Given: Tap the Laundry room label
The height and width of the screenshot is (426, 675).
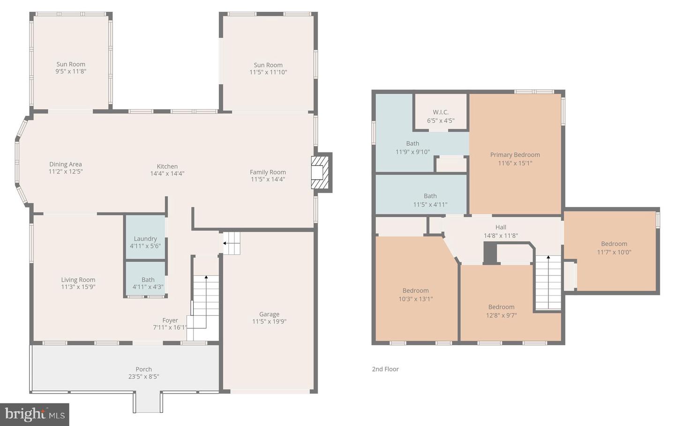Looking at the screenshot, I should [145, 238].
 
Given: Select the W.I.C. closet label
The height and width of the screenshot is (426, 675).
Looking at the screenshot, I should [441, 112].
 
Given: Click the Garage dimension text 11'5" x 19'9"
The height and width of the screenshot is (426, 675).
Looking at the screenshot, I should [269, 321].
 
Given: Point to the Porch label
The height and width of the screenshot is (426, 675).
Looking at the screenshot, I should [144, 369].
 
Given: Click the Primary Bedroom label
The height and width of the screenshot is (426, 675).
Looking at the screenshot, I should [515, 155].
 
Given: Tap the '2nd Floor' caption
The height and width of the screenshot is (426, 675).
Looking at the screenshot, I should [385, 369].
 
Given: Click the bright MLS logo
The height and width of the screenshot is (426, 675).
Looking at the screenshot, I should [35, 414].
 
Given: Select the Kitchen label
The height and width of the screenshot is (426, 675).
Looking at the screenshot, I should [167, 166].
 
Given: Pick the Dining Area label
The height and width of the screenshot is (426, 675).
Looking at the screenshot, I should [66, 164].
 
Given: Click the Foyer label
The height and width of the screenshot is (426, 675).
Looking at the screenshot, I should [170, 320].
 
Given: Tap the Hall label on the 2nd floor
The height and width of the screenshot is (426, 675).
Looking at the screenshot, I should [501, 227].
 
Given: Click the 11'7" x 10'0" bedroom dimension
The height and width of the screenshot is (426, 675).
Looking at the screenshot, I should [614, 252].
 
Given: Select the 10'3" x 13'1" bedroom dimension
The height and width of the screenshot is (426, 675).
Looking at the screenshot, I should [416, 299].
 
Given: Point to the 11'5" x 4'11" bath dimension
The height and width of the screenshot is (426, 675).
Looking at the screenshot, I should [430, 205].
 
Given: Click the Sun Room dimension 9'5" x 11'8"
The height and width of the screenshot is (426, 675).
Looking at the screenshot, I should [71, 72].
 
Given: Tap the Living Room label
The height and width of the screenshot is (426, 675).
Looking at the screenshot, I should [78, 280].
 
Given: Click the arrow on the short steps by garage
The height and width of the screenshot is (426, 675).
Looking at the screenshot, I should [225, 243].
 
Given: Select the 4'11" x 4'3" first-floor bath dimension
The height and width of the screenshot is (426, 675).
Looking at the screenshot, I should [148, 287].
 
